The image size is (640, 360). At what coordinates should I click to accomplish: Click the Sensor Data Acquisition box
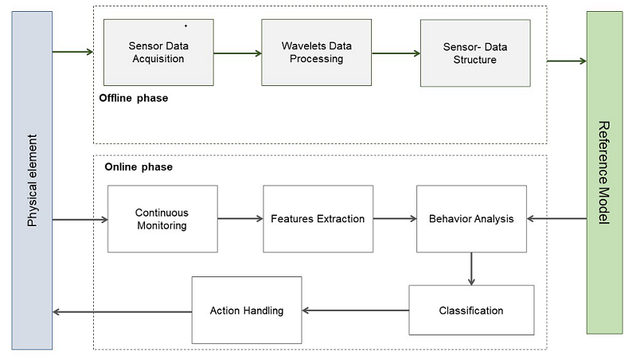coord(158,53)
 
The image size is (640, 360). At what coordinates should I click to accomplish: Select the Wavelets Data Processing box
coord(316,53)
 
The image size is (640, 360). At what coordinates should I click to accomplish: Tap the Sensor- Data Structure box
coord(475,53)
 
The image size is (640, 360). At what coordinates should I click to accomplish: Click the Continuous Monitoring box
coord(162,219)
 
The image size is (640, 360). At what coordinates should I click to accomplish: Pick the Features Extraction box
coord(318,219)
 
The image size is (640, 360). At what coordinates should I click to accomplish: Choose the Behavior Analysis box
coord(471,219)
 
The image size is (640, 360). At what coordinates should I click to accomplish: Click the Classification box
coord(471,311)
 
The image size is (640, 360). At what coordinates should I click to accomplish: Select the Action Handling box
coord(247,311)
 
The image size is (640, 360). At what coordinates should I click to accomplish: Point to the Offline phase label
coord(134,99)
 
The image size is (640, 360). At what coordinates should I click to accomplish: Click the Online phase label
coord(139,167)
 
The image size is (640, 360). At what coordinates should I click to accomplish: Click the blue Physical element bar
coord(33,181)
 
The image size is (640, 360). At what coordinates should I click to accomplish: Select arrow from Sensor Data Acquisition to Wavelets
coord(237,53)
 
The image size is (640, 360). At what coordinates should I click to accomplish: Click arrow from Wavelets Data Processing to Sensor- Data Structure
coord(396,53)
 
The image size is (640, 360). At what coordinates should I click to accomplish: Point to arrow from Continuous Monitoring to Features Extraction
coord(240,219)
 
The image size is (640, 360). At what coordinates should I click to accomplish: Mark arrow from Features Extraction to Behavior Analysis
coord(395,219)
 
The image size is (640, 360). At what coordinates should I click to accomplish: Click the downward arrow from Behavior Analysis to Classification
coord(471,269)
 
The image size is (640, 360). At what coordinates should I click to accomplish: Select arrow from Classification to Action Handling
coord(355,311)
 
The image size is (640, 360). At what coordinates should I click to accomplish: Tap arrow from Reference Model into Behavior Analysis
coord(556,219)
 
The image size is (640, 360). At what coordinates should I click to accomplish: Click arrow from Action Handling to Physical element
coord(122,311)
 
